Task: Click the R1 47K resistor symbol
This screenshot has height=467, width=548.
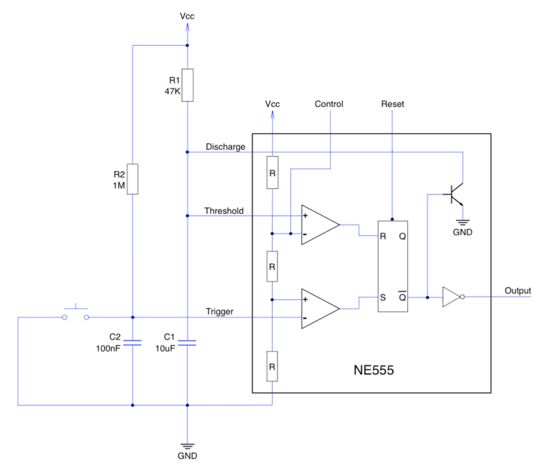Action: point(187,85)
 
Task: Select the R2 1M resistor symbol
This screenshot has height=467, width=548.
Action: point(133,179)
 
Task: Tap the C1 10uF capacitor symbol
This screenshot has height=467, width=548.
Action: point(187,343)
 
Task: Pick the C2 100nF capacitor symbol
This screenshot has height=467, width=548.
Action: point(133,343)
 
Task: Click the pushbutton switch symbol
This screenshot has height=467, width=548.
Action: point(75,314)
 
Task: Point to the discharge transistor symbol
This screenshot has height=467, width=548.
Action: point(457,193)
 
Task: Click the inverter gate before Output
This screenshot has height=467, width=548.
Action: point(453,297)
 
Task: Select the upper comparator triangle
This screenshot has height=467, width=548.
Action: point(318,225)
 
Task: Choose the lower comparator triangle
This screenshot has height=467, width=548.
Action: point(318,308)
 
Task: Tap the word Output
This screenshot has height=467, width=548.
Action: point(518,290)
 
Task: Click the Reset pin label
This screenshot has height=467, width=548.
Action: point(392,104)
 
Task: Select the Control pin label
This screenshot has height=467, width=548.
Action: point(329,104)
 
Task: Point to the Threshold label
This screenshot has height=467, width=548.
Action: point(224,210)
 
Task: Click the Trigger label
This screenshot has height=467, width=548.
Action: point(220,311)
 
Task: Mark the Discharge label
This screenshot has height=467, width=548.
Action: point(225,146)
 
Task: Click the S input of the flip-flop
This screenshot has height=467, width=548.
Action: point(383,297)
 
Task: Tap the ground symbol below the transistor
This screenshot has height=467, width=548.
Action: point(463,221)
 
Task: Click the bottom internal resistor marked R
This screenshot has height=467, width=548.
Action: point(272,366)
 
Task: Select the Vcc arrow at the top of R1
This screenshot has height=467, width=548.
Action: point(187,26)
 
